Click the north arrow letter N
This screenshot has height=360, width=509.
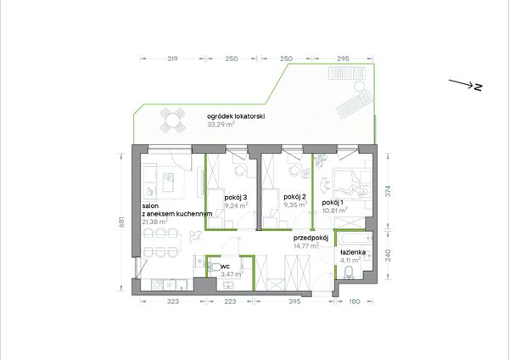coord(478,87)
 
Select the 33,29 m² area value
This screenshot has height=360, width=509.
coord(221,125)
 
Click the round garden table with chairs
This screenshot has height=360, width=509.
coord(173,120)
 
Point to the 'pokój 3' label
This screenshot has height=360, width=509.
coord(236,197)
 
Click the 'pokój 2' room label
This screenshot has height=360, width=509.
coord(294,197)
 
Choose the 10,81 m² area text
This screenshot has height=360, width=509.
coord(335,211)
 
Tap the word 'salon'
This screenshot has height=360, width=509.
coord(150,206)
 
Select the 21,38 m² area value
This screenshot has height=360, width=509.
coord(155,222)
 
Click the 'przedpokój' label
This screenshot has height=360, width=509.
coord(311,238)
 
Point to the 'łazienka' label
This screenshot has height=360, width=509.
coord(353,252)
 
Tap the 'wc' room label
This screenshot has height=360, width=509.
coord(225,267)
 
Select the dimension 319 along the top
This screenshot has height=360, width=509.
coord(172,59)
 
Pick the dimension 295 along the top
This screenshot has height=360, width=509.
coord(343,59)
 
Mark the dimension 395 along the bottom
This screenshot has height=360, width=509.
coord(294,301)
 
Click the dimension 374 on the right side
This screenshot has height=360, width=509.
coord(388,191)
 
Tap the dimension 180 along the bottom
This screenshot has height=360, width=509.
coord(355,301)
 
